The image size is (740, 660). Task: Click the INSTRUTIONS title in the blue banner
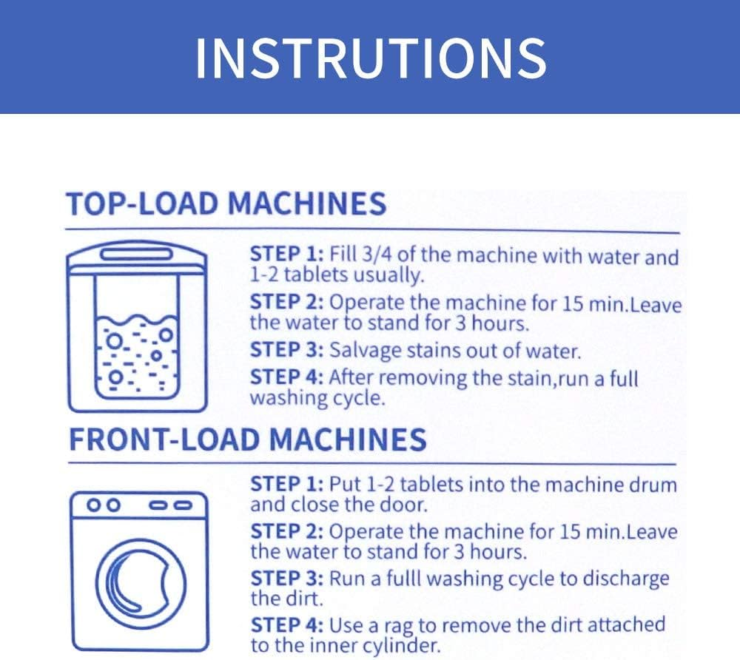click(x=370, y=57)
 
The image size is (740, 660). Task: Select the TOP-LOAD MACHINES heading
click(x=226, y=203)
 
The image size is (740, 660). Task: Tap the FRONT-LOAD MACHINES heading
click(x=247, y=440)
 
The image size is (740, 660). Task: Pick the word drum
click(x=656, y=485)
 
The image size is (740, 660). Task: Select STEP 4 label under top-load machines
click(x=286, y=377)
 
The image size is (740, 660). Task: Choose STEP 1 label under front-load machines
click(x=286, y=485)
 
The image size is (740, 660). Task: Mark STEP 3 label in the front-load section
click(x=286, y=579)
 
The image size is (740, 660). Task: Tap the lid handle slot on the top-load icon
click(x=138, y=255)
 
